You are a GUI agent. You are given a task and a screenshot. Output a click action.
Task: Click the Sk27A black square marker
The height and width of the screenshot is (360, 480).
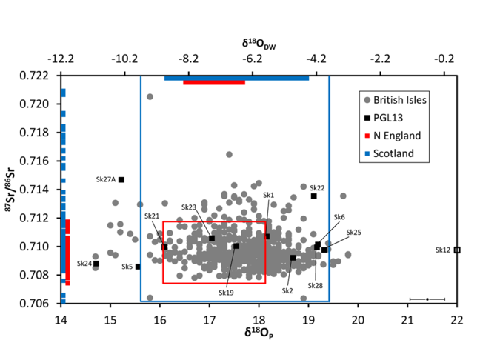(x=121, y=179)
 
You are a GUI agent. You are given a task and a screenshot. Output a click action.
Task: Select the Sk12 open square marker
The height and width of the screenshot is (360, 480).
(x=457, y=250)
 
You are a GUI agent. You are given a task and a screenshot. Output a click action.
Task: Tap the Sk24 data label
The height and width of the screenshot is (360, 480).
(x=84, y=264)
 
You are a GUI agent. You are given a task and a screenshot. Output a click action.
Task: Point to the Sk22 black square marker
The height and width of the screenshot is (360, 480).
(x=314, y=196)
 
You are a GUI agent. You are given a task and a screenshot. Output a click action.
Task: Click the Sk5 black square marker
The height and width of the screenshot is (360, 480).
(x=138, y=267)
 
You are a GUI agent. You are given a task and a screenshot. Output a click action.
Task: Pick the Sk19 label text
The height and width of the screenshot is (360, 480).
(x=226, y=293)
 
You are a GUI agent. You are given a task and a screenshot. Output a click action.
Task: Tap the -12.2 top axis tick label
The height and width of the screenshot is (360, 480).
(x=61, y=59)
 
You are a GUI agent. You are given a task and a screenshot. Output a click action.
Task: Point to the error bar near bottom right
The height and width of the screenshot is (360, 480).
(x=427, y=299)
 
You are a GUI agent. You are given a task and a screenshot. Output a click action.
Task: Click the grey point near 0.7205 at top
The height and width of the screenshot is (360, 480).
(x=150, y=97)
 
